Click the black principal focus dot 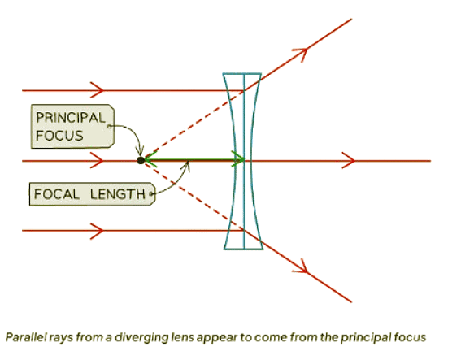pos(141,161)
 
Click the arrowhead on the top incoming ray pos(98,89)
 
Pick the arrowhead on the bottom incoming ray pos(98,231)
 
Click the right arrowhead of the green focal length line pos(238,161)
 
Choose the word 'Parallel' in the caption pos(24,336)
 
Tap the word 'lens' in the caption pos(172,336)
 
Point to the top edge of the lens pos(243,74)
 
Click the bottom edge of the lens pos(243,249)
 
